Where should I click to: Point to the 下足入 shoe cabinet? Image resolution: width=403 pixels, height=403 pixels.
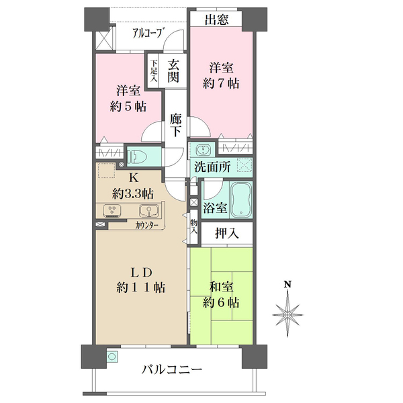[153, 70]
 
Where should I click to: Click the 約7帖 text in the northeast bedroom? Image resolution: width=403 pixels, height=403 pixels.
[221, 85]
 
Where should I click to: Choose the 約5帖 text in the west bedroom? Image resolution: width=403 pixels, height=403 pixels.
[128, 107]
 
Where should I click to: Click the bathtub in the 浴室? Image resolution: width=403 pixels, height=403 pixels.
[240, 200]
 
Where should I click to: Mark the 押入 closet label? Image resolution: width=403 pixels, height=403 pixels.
[226, 234]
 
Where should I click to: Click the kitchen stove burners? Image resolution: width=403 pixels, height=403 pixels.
[112, 211]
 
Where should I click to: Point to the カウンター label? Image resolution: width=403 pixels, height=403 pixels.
[146, 226]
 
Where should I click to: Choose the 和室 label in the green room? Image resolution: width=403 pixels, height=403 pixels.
[222, 287]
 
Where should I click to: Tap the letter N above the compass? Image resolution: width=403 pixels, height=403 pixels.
[287, 285]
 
